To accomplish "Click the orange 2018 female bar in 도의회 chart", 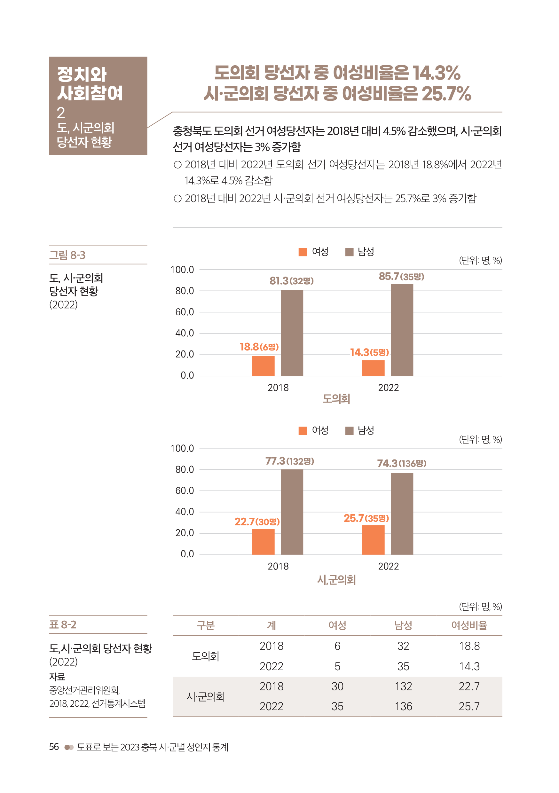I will tap(263, 366).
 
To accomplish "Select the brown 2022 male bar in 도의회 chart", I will tap(402, 330).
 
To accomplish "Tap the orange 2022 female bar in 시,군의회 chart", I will tap(373, 540).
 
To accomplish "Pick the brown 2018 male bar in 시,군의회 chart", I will tap(292, 512).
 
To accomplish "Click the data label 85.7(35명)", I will tap(401, 276).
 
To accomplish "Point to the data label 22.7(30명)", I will tap(257, 522).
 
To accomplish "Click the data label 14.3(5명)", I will tap(369, 352).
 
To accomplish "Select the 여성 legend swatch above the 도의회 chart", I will tap(303, 252).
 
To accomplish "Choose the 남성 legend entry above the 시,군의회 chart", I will tap(360, 430).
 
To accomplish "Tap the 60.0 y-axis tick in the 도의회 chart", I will tap(185, 312).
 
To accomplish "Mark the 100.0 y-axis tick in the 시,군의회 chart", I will tap(182, 448).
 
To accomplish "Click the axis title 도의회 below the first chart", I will tap(336, 399).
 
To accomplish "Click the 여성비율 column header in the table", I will tap(469, 625).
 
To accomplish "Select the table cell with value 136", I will tap(403, 706).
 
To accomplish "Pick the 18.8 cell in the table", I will tap(469, 646).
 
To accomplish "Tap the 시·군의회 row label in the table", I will tap(206, 696).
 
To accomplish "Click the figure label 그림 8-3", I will tap(67, 255).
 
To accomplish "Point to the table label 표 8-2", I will tap(63, 625).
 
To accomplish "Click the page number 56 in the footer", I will tap(54, 747).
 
